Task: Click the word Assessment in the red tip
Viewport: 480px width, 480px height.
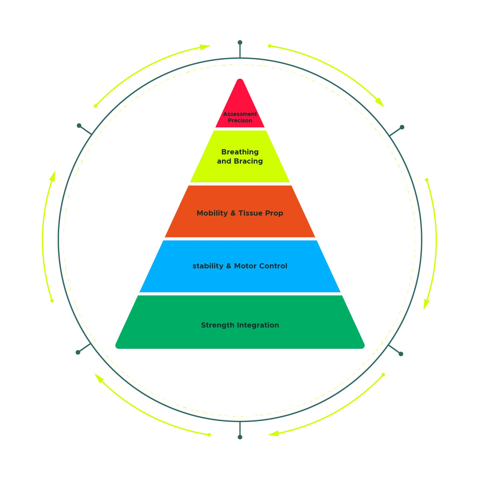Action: click(x=240, y=114)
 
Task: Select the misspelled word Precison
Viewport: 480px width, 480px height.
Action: click(x=240, y=120)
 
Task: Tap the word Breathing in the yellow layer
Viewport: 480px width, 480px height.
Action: click(x=240, y=152)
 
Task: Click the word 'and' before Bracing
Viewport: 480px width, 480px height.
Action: click(x=224, y=161)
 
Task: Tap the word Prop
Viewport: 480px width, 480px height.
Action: click(x=275, y=213)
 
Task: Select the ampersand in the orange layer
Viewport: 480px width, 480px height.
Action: click(x=233, y=213)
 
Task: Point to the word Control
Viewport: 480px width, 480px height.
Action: click(x=273, y=266)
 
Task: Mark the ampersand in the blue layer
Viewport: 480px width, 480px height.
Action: click(x=229, y=266)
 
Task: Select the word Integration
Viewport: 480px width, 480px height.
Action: click(x=258, y=325)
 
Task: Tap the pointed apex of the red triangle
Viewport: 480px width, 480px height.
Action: click(x=240, y=79)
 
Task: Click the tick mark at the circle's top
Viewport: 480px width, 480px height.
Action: click(x=240, y=48)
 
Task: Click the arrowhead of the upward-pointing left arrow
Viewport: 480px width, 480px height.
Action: click(x=53, y=174)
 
